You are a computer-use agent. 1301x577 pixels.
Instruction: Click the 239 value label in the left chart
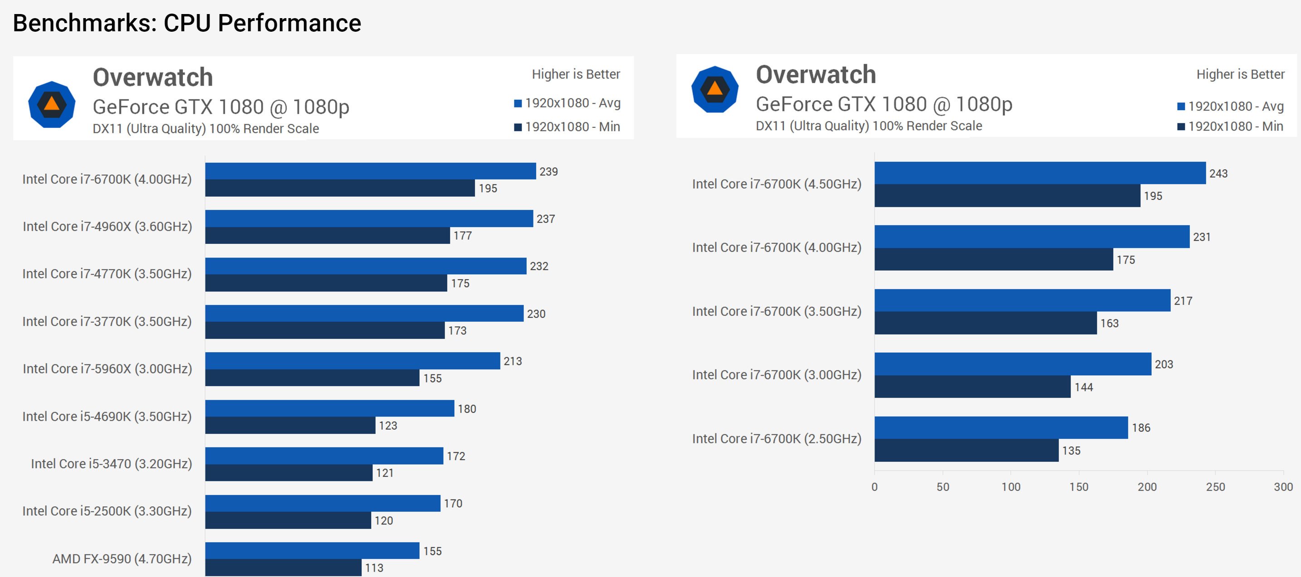coord(548,172)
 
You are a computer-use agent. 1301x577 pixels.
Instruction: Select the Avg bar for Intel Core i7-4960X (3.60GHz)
coord(369,218)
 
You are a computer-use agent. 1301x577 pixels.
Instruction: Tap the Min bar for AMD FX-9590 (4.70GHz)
coord(283,567)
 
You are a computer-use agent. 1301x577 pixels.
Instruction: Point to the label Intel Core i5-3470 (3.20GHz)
coord(111,463)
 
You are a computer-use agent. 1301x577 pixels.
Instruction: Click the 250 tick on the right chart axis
coord(1215,487)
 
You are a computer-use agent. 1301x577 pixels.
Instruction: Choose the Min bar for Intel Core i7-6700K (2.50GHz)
coord(966,450)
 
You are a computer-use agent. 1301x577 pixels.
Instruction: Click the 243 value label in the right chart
coord(1218,174)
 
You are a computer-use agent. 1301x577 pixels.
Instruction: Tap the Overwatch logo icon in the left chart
coord(52,105)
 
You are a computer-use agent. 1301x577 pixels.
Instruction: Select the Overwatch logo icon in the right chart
coord(714,89)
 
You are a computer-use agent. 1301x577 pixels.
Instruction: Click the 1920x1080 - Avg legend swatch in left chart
coord(518,103)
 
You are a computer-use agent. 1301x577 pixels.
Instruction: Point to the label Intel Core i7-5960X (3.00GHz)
coord(107,369)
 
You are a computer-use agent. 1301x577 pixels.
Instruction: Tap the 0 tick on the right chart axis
coord(874,487)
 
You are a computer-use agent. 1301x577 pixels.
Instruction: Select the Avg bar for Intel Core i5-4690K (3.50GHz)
coord(329,408)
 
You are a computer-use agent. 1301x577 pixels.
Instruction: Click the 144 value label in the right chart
coord(1083,387)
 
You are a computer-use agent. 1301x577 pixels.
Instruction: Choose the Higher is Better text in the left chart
coord(576,74)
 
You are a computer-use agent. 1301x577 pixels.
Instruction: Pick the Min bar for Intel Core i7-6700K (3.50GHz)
coord(985,323)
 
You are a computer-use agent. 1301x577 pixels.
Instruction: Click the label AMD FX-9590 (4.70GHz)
coord(122,558)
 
